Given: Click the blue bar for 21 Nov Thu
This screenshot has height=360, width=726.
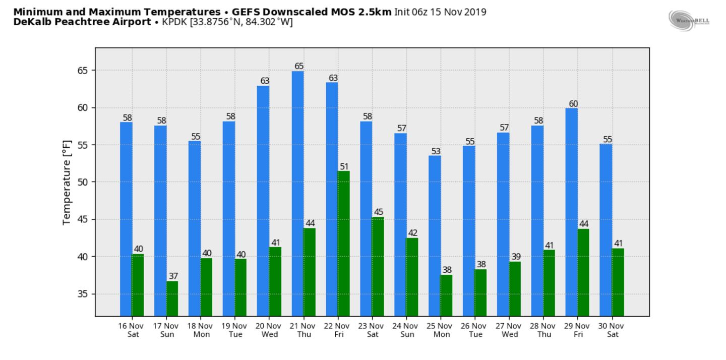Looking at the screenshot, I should click(x=297, y=194).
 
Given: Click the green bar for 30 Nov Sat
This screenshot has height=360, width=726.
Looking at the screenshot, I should click(x=618, y=282).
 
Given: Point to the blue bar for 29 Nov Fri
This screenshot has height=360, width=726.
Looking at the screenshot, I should click(x=571, y=212).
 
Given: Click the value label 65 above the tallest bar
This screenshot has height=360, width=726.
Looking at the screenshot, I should click(x=299, y=66).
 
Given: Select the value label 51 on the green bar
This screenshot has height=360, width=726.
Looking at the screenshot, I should click(x=344, y=166).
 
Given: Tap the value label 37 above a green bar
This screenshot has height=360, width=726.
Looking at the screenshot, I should click(x=173, y=276).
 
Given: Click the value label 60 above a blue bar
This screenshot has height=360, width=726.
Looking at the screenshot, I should click(x=573, y=104).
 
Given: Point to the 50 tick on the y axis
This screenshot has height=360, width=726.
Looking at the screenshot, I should click(x=82, y=182).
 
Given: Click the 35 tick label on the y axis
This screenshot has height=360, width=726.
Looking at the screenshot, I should click(x=82, y=294).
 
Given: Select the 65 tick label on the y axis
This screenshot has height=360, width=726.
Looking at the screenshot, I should click(x=82, y=71).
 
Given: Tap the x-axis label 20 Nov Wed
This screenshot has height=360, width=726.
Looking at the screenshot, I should click(x=270, y=330).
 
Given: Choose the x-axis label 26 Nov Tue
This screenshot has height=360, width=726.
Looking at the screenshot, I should click(x=475, y=330).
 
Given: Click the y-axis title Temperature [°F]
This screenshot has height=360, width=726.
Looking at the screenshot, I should click(x=67, y=182).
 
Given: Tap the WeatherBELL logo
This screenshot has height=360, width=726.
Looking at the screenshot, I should click(x=689, y=20).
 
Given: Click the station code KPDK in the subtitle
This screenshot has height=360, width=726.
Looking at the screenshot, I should click(x=174, y=22).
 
